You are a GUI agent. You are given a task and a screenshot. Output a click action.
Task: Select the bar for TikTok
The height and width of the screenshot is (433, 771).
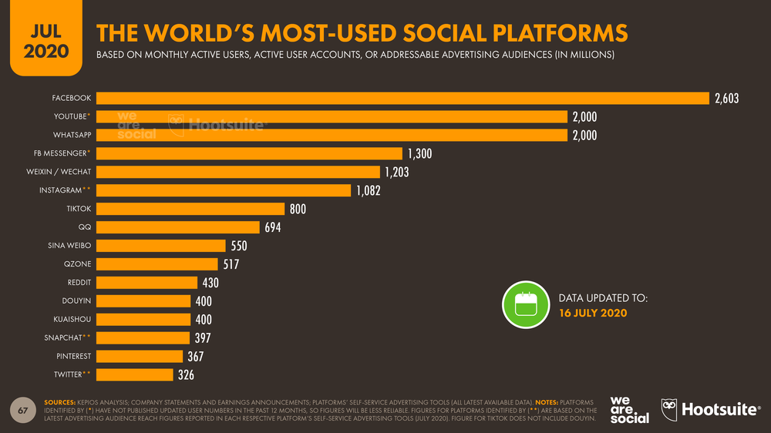(x=191, y=209)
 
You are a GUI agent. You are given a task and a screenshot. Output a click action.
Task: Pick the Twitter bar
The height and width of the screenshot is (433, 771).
(x=135, y=374)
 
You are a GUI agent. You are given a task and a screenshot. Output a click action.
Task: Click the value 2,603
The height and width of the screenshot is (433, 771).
(x=727, y=99)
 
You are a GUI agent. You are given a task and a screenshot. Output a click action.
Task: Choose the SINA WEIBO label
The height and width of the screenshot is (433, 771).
(x=69, y=246)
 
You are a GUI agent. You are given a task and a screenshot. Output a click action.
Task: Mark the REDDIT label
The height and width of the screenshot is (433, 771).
(x=77, y=282)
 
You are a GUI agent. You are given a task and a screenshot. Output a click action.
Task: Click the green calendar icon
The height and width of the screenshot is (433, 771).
(x=524, y=304)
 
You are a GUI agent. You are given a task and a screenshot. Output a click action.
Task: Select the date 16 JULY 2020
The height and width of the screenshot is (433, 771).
(x=593, y=313)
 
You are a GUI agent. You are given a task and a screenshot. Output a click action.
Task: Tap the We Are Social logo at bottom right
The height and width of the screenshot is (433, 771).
(x=629, y=409)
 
